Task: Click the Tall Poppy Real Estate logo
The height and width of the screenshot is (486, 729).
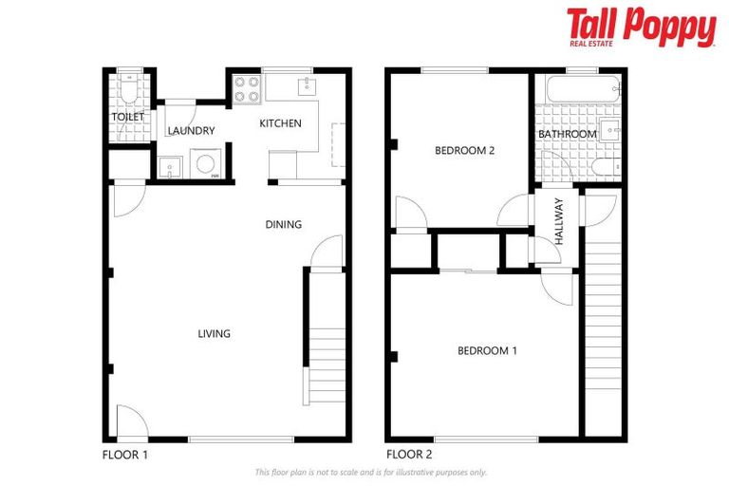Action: (x=641, y=27)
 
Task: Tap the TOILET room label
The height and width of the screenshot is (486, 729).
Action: (x=128, y=117)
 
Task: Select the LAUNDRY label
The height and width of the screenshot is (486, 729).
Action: (x=191, y=131)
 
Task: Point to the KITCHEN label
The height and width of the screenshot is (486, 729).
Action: (x=281, y=123)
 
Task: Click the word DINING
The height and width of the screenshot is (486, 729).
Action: (x=283, y=225)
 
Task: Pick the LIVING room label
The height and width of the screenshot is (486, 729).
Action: (x=214, y=334)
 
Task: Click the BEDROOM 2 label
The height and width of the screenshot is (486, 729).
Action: (x=465, y=150)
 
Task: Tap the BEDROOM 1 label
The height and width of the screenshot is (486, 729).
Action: (x=487, y=351)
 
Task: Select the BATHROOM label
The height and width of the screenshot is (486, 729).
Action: (x=568, y=135)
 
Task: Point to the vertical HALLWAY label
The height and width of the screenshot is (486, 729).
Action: (x=559, y=221)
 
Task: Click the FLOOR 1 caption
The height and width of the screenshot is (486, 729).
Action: (x=125, y=455)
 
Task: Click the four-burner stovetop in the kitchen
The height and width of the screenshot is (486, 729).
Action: (x=247, y=88)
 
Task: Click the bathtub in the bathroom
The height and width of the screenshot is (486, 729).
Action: (x=578, y=91)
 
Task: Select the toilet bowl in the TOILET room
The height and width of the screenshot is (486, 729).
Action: (x=130, y=90)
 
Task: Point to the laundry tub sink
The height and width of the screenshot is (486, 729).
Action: (x=169, y=168)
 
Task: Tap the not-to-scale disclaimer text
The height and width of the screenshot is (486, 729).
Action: (x=371, y=472)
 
